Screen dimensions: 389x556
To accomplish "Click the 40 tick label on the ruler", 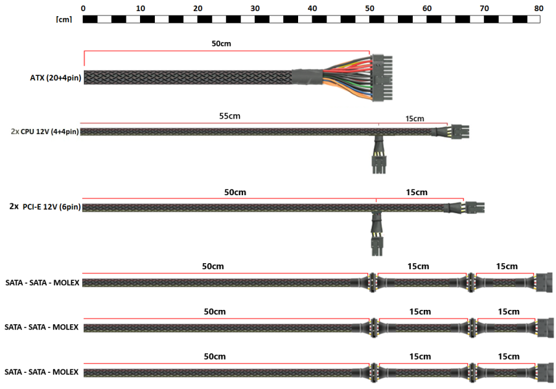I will [x=312, y=8].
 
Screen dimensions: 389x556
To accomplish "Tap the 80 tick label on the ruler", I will [x=539, y=8].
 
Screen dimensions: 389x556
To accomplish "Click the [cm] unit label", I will [x=64, y=19].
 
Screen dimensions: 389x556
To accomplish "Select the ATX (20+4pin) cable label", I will [x=55, y=78].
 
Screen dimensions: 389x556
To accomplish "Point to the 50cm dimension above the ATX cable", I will [x=222, y=44].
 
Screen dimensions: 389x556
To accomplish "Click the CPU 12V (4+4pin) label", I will [x=45, y=132].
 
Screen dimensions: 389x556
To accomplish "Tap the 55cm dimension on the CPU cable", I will [x=229, y=116].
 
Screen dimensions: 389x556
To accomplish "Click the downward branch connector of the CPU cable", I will [x=378, y=162].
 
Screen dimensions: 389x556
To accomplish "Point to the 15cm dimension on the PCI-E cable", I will [x=417, y=193].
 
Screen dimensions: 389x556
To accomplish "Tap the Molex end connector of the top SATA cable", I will [x=544, y=283].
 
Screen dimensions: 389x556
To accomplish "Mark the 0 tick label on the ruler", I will [x=84, y=8].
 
